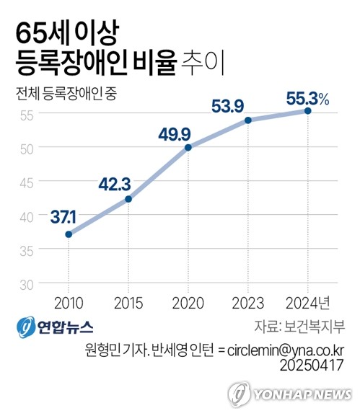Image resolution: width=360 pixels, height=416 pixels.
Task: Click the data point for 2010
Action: pos(69,234)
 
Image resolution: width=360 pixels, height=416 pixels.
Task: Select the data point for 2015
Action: pos(128,199)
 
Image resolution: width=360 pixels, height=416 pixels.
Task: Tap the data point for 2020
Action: pos(188,147)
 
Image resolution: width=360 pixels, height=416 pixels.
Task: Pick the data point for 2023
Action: pos(248,120)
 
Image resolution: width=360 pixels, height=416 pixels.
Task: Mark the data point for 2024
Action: pos(308,110)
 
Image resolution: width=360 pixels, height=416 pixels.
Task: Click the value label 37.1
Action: pos(66,216)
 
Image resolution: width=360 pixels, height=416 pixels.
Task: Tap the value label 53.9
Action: pos(228,107)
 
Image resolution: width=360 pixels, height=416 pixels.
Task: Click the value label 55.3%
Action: pos(308,99)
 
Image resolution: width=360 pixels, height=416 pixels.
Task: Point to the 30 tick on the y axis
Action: pos(27,283)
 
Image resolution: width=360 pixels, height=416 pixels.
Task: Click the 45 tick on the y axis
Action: pos(27,182)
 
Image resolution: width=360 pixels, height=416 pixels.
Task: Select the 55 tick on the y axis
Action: pos(27,114)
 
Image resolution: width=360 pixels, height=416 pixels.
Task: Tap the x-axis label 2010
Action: pos(69,301)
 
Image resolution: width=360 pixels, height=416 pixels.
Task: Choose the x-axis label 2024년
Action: pos(309,301)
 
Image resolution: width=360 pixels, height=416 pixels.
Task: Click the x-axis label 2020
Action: pos(188,301)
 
